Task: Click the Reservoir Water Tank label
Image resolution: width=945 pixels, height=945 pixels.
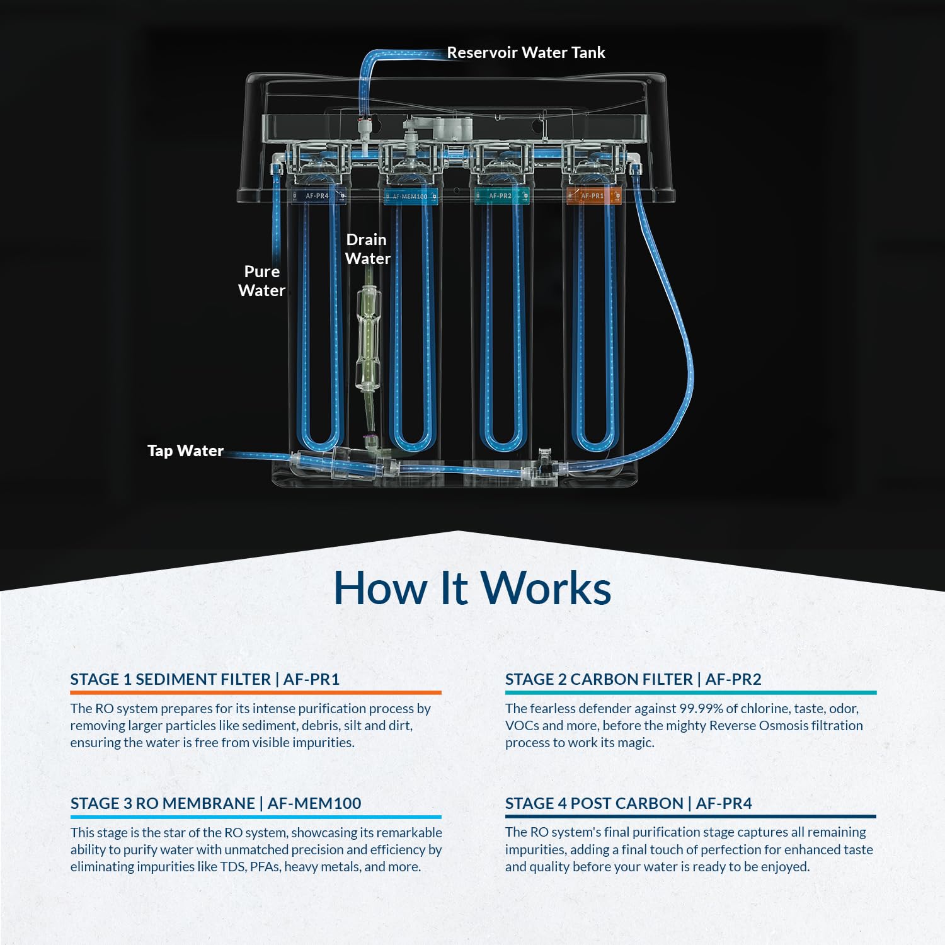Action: (x=525, y=53)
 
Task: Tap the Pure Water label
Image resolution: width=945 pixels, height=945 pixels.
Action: (x=261, y=281)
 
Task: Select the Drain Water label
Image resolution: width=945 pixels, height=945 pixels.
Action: (x=367, y=249)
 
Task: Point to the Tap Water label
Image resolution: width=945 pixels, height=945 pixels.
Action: (x=185, y=451)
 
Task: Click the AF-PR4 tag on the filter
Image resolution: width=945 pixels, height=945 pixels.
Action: (x=317, y=196)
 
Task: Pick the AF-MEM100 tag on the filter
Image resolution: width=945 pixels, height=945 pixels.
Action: (x=409, y=197)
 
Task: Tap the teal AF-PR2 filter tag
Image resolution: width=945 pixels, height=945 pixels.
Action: (x=500, y=196)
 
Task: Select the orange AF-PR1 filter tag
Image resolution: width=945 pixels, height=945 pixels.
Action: (x=592, y=196)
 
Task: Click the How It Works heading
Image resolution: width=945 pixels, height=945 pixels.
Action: (x=472, y=588)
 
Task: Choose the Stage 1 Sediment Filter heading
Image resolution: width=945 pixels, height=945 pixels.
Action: (x=205, y=679)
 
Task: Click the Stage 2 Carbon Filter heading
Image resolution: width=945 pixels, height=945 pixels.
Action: (x=633, y=679)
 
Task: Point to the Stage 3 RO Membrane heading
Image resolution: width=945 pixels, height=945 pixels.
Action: (x=215, y=803)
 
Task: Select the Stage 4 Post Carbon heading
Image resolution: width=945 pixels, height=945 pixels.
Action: (x=628, y=803)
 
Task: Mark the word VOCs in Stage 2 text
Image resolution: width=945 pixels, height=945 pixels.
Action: (x=522, y=726)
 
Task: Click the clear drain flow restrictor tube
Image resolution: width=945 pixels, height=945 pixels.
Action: (x=368, y=337)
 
